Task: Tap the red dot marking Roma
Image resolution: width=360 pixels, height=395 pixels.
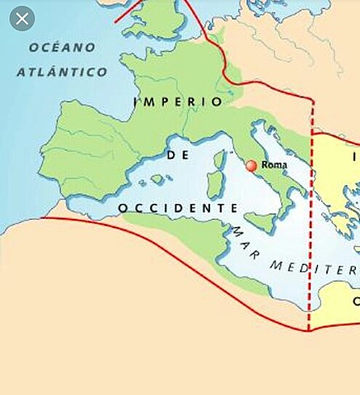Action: (251, 165)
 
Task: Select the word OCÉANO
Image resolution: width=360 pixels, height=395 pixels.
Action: (63, 48)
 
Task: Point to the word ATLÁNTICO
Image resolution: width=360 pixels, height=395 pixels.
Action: (62, 72)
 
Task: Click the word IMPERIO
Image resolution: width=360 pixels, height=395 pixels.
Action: (177, 102)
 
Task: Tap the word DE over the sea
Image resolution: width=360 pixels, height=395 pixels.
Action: (173, 155)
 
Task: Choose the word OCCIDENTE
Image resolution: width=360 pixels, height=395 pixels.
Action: (172, 208)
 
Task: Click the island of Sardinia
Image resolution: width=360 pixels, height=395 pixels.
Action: (215, 184)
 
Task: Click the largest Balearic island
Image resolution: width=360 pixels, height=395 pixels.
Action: (157, 179)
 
